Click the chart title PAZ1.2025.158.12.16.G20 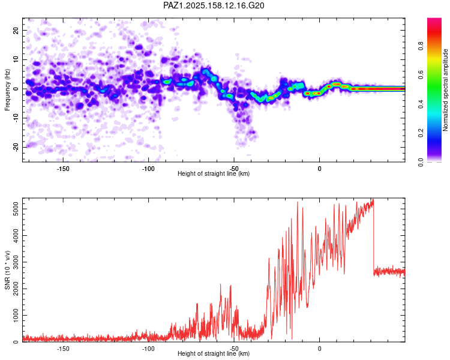tap(214, 5)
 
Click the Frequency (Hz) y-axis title tap(7, 90)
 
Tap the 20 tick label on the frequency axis tap(16, 30)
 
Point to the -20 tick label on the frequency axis tap(16, 147)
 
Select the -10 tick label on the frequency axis tap(16, 118)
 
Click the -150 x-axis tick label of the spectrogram tap(63, 169)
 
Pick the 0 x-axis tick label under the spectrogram tap(319, 169)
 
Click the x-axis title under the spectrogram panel tap(214, 173)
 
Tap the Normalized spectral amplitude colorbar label tap(445, 90)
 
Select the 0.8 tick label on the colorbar tap(421, 46)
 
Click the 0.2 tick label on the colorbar tap(421, 133)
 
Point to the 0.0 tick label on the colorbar tap(421, 162)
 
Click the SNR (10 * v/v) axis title tap(7, 270)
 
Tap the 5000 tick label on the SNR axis tap(16, 209)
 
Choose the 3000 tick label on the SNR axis tap(16, 262)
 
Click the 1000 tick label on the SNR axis tap(16, 315)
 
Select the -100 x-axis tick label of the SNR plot tap(148, 349)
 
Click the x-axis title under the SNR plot tap(214, 353)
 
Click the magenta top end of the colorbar tap(434, 20)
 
